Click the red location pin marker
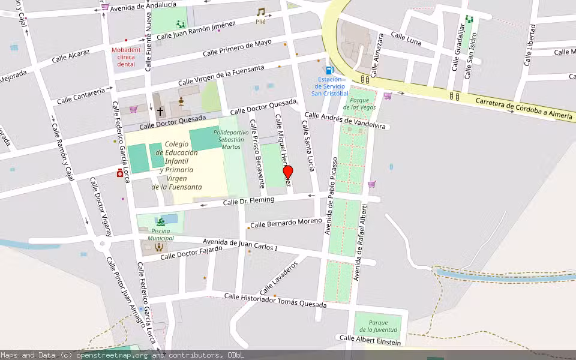coord(288,173)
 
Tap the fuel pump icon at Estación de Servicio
coord(329,70)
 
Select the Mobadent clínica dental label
coord(126,57)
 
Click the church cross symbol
coord(160,111)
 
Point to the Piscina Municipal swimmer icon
coord(160,221)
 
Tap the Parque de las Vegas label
coord(359,103)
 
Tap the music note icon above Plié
coord(260,12)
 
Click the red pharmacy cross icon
coord(120,173)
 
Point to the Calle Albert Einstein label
coord(370,338)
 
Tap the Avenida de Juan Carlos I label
coord(240,244)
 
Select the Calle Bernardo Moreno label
coord(286,223)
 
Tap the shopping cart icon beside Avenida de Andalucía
coord(106,7)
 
